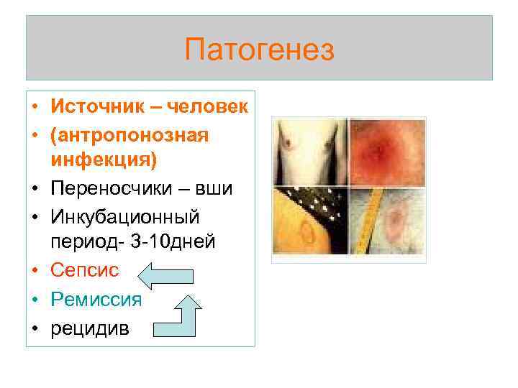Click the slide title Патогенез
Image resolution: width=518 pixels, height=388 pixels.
click(259, 50)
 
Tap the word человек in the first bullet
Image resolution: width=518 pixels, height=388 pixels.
click(208, 108)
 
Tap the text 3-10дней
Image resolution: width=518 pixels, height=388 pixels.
click(181, 242)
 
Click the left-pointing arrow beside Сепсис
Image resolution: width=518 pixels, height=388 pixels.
click(165, 275)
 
